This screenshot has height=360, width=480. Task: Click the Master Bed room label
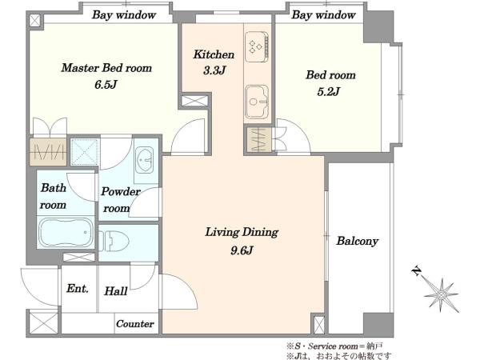click(106, 68)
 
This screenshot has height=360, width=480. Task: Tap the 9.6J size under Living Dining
click(242, 250)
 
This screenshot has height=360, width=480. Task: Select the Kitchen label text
click(214, 54)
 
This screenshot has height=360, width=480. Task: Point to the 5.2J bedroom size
click(329, 91)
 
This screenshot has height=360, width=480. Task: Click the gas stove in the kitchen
click(257, 46)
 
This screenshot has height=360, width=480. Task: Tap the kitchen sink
click(257, 102)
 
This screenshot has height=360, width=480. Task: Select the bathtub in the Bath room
click(66, 232)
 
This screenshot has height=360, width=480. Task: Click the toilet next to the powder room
click(114, 241)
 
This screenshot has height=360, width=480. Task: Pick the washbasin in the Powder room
click(145, 160)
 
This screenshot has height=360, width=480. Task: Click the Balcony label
click(358, 242)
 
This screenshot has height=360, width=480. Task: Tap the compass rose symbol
click(441, 295)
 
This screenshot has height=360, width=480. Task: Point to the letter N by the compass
click(416, 271)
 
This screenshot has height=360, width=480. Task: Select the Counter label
click(135, 323)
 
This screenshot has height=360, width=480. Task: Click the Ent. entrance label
click(78, 288)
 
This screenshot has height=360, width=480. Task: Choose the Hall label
click(116, 291)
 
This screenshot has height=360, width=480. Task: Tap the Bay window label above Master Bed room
click(124, 14)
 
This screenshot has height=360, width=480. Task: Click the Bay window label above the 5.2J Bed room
click(323, 14)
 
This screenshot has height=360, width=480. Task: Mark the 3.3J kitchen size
click(214, 70)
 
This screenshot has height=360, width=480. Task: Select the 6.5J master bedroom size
click(106, 85)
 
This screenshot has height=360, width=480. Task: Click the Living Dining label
click(242, 232)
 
